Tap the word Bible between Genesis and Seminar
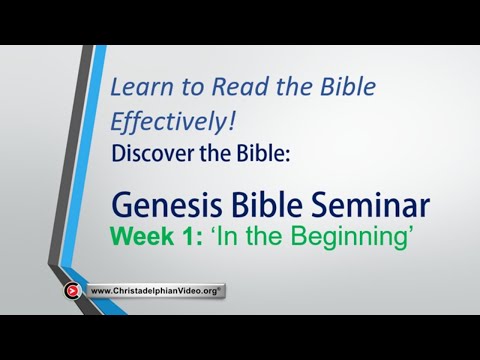(272, 206)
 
